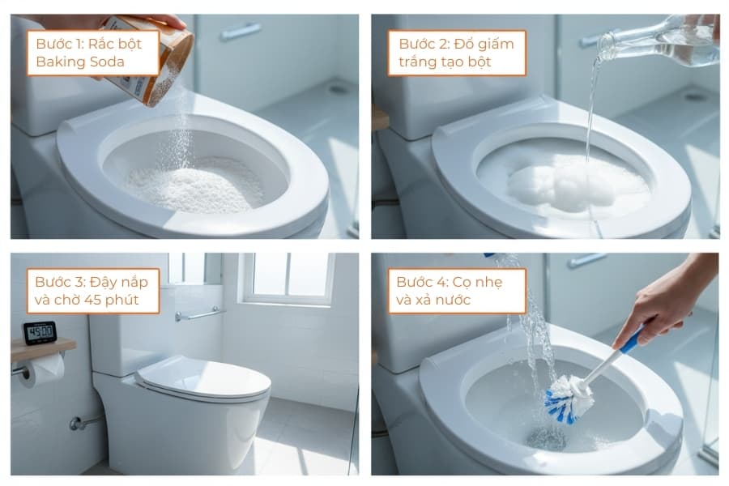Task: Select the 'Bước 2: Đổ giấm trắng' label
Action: click(x=456, y=53)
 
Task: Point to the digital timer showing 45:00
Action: click(x=40, y=332)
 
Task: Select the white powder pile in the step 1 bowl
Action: click(x=194, y=182)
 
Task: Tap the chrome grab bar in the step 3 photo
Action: click(x=199, y=314)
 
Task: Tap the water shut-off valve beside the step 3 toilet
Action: click(x=77, y=422)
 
